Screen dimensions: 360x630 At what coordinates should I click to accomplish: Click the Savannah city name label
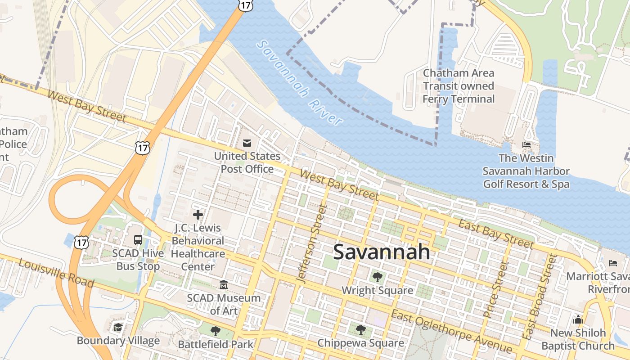382,252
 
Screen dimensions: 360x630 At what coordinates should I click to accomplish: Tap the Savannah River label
300,83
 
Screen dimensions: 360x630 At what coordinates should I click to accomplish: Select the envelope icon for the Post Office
247,143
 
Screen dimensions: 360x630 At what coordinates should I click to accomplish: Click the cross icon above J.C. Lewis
198,215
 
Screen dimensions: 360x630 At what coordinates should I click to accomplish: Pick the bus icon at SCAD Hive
138,240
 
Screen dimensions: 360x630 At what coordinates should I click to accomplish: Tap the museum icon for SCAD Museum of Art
224,284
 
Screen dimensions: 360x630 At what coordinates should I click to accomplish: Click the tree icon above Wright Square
377,277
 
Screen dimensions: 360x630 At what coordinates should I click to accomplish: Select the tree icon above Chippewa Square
360,330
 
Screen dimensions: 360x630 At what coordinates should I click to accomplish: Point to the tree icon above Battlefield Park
216,331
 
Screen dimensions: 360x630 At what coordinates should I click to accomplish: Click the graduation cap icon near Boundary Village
118,327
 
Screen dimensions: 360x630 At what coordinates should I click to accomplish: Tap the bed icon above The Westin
526,145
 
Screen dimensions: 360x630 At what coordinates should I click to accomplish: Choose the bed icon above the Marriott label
612,263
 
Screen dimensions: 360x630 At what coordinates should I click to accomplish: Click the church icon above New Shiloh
578,319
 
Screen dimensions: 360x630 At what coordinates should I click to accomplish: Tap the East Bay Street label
495,234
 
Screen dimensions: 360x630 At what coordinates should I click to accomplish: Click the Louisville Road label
57,273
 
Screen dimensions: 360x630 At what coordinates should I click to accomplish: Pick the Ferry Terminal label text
459,86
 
